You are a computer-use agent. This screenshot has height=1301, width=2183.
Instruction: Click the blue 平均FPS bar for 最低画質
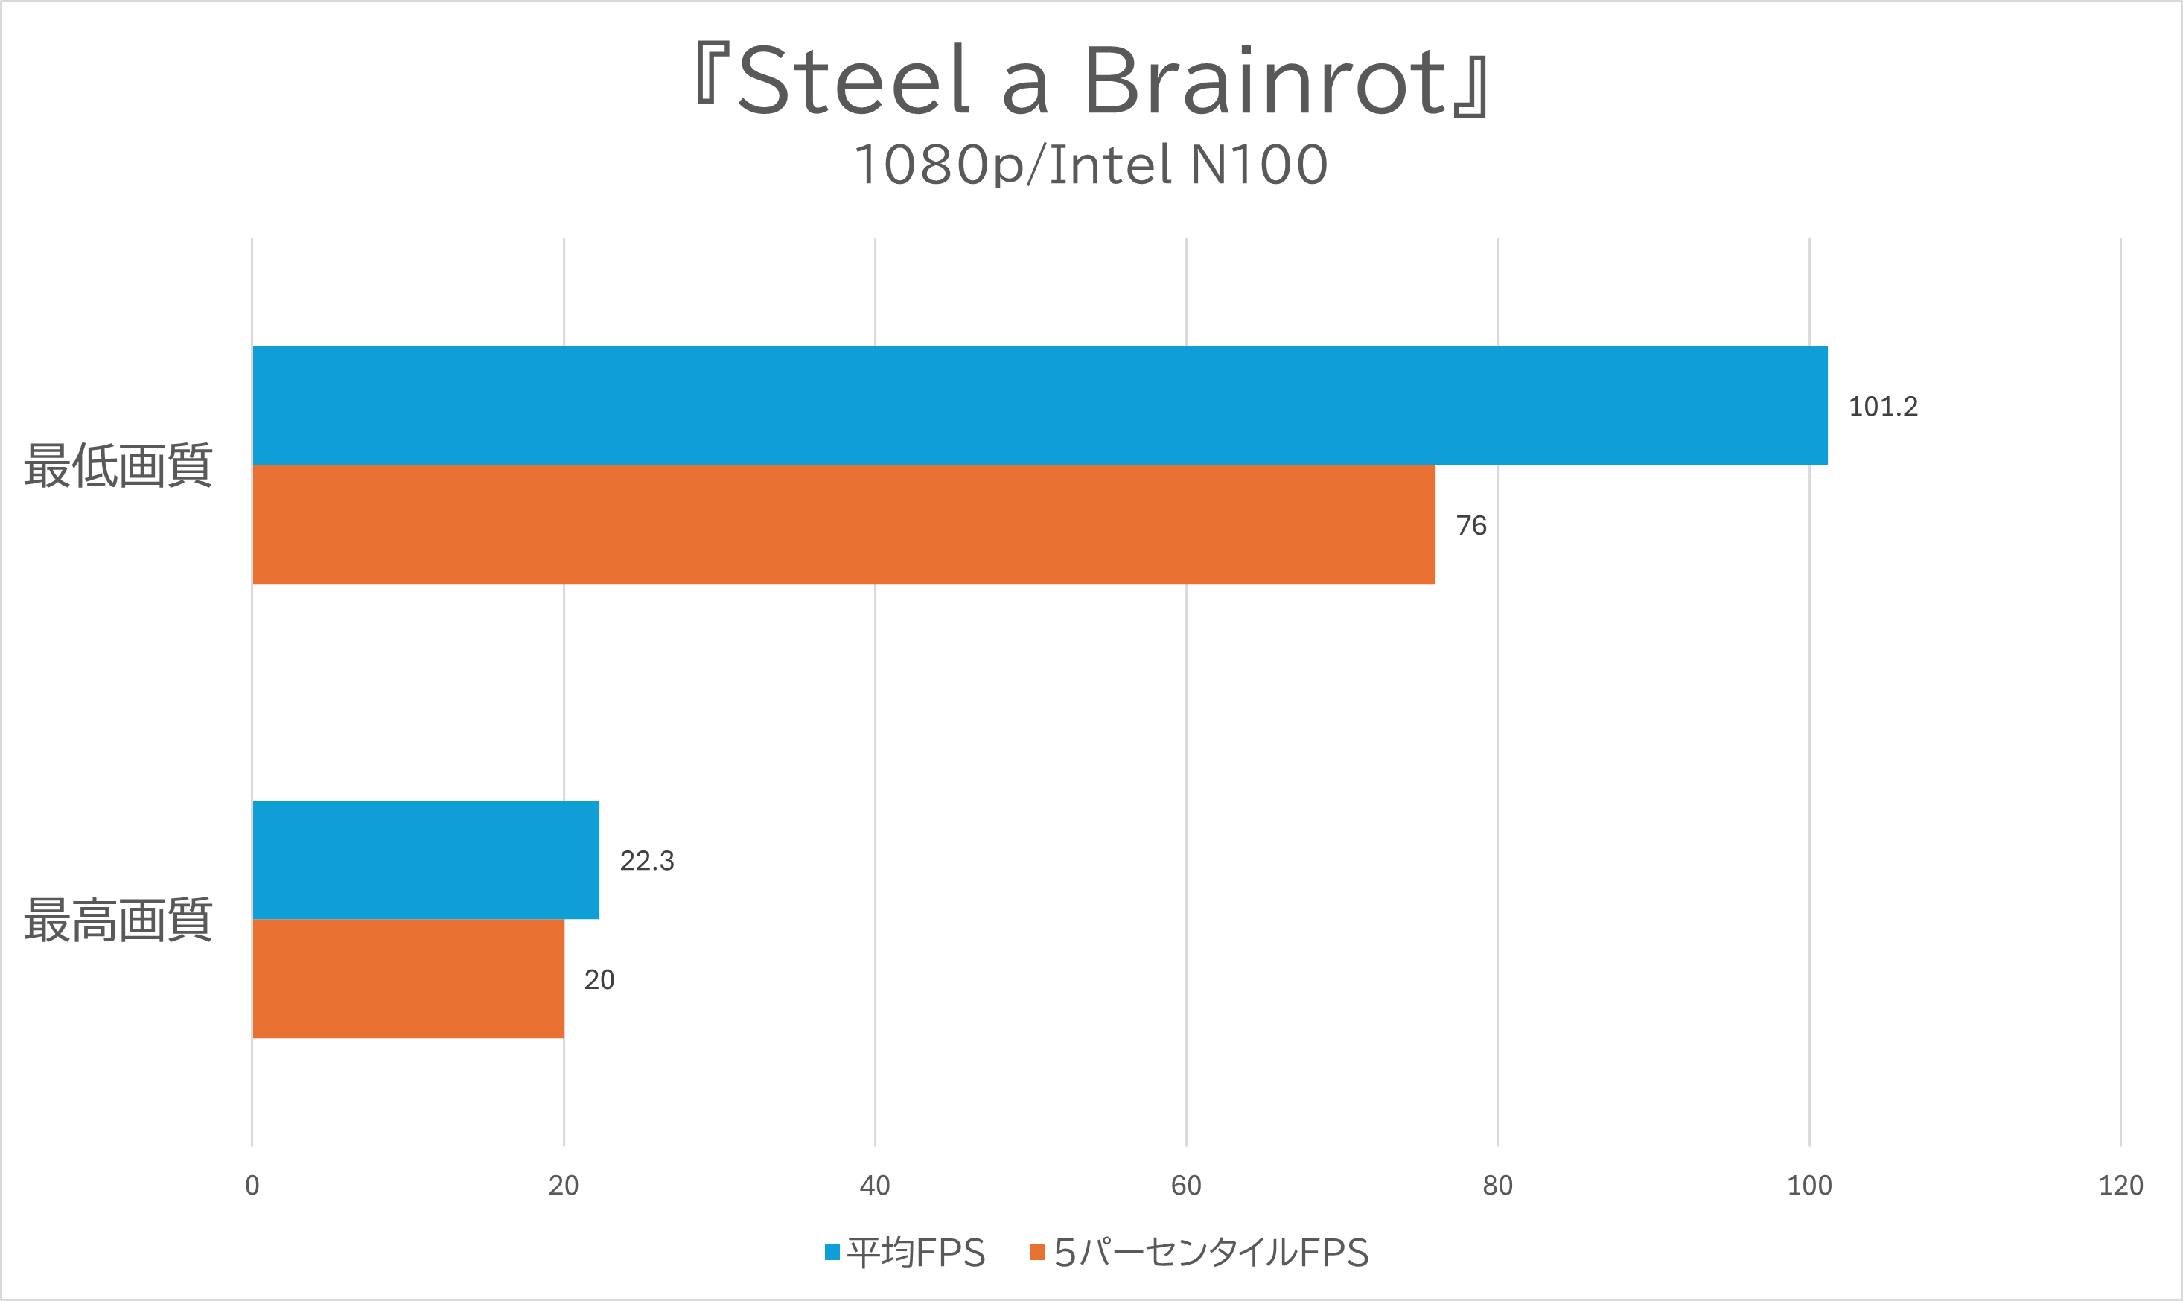tap(1039, 405)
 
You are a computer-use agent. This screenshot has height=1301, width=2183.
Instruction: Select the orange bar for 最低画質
tap(843, 524)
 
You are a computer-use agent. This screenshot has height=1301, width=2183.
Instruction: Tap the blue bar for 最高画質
tap(426, 859)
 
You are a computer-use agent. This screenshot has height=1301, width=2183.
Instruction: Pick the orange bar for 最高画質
tap(407, 979)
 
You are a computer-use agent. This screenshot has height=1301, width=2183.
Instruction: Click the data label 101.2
tap(1882, 407)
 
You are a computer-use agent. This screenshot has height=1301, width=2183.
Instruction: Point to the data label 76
tap(1470, 526)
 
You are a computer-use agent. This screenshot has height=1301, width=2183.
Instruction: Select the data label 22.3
tap(647, 861)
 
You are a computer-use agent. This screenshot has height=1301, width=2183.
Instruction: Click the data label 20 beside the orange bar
tap(599, 980)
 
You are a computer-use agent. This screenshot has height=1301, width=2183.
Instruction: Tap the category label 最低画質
tap(118, 465)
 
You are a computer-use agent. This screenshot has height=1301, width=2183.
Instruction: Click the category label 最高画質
tap(118, 920)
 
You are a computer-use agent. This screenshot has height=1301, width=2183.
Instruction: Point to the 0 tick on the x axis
tap(252, 1186)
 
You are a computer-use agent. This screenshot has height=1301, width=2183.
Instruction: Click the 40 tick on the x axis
tap(875, 1186)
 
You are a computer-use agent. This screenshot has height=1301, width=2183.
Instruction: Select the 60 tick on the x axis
tap(1186, 1186)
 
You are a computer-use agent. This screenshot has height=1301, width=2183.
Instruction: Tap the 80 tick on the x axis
tap(1498, 1186)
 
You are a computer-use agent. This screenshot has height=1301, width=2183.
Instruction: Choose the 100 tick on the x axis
tap(1808, 1186)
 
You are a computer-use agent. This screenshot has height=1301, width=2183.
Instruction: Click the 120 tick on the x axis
tap(2120, 1186)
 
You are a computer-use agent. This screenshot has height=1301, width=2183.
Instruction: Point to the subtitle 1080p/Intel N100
tap(1091, 165)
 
